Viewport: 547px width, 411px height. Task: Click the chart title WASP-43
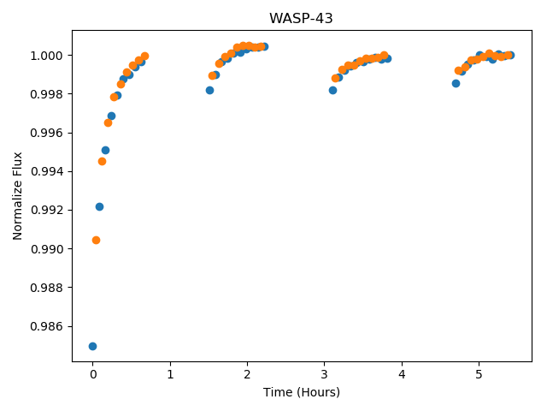tap(301, 18)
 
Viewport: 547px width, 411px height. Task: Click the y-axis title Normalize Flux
tap(17, 196)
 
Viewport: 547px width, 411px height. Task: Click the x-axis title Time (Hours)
tap(302, 392)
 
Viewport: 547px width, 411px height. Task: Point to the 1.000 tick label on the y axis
tap(46, 56)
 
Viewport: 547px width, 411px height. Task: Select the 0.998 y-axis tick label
tap(46, 94)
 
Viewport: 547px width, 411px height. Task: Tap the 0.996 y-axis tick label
tap(46, 134)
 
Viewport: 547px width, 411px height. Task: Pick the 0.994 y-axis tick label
tap(46, 171)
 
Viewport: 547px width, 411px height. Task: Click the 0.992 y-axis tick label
tap(46, 211)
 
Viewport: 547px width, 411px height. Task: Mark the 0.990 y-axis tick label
tap(46, 249)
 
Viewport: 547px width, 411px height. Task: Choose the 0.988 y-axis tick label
tap(46, 288)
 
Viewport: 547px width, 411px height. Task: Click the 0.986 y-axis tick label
tap(46, 326)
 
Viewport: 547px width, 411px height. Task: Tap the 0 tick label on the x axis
tap(93, 374)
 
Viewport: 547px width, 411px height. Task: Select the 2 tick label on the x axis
tap(247, 374)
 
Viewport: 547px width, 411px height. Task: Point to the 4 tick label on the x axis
tap(402, 374)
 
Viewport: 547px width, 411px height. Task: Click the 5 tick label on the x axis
tap(479, 374)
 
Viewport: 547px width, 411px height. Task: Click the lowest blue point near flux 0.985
tap(92, 346)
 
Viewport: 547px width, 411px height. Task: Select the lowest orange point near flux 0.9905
tap(96, 240)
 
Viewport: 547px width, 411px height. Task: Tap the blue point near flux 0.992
tap(99, 207)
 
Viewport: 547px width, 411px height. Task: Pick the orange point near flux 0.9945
tap(102, 162)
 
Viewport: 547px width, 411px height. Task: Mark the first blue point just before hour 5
tap(456, 84)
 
